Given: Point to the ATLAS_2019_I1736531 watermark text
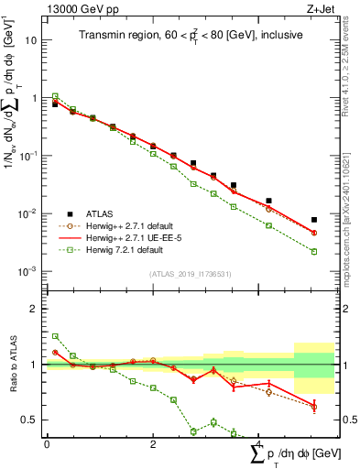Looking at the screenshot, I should pyautogui.click(x=191, y=273).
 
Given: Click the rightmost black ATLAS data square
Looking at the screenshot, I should pyautogui.click(x=314, y=220).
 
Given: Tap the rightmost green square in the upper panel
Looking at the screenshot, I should pyautogui.click(x=314, y=251).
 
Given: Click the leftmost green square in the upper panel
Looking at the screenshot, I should pyautogui.click(x=55, y=95).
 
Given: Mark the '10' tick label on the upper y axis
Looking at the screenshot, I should pyautogui.click(x=33, y=40).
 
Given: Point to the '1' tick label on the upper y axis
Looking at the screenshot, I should pyautogui.click(x=36, y=98).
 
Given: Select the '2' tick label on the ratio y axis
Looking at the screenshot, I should pyautogui.click(x=36, y=309).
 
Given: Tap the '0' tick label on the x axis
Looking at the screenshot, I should pyautogui.click(x=47, y=444).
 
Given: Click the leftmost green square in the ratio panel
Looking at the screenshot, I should pyautogui.click(x=55, y=336).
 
